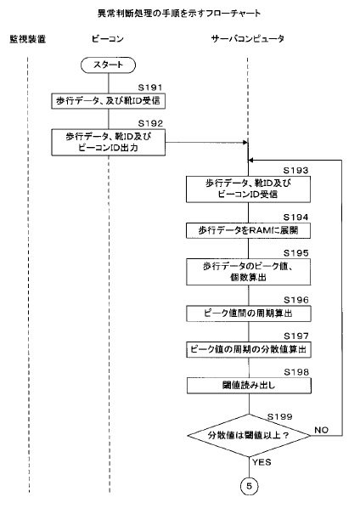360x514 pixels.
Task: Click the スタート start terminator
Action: point(108,65)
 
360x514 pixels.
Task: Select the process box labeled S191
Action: point(108,101)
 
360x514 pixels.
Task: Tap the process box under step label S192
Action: point(108,142)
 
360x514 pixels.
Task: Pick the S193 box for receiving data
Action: point(248,189)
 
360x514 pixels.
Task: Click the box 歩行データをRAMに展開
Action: point(248,230)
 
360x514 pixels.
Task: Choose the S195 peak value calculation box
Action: point(248,272)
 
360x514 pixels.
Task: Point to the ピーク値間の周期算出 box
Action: point(248,313)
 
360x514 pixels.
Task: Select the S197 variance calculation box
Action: point(249,349)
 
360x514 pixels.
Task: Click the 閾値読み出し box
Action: point(249,386)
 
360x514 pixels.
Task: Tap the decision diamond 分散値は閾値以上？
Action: point(249,435)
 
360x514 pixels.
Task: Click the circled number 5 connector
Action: point(249,486)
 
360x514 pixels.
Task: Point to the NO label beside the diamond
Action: point(321,430)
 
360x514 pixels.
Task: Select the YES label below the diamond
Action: point(262,462)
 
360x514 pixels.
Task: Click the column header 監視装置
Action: point(27,39)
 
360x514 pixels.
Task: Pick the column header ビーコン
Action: point(108,39)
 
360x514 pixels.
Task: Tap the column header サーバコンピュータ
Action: point(248,39)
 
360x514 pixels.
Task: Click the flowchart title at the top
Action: point(179,13)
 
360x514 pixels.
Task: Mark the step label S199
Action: point(279,416)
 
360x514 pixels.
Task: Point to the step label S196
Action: point(296,300)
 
